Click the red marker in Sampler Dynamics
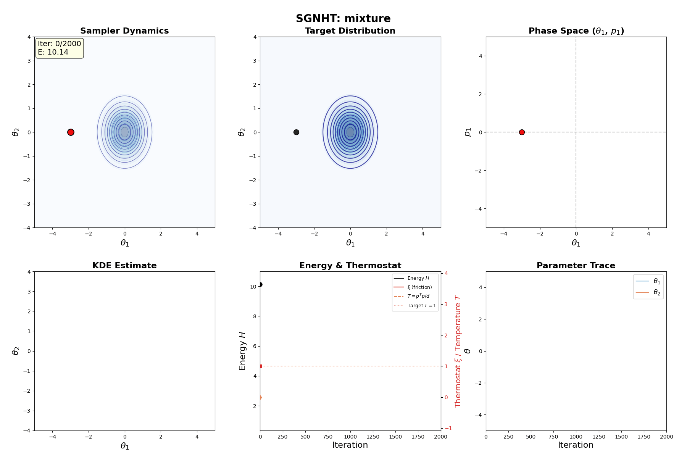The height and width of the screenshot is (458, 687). pyautogui.click(x=71, y=132)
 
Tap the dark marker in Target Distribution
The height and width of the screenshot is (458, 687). pyautogui.click(x=296, y=132)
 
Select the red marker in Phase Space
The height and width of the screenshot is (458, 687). pyautogui.click(x=522, y=132)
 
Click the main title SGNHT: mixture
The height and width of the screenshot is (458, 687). pyautogui.click(x=343, y=18)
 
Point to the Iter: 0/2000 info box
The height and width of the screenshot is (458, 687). pyautogui.click(x=60, y=48)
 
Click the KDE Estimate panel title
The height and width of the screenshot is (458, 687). pyautogui.click(x=124, y=265)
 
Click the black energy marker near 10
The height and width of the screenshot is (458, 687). pyautogui.click(x=260, y=284)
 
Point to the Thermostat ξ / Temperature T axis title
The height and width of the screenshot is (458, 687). pyautogui.click(x=458, y=351)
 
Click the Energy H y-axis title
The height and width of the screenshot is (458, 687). pyautogui.click(x=242, y=351)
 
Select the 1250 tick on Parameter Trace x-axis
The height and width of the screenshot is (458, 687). pyautogui.click(x=599, y=437)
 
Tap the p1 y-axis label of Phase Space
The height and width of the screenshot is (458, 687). pyautogui.click(x=468, y=132)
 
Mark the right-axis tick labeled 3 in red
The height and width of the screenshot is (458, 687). pyautogui.click(x=446, y=304)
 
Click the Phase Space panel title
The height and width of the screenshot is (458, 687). pyautogui.click(x=576, y=31)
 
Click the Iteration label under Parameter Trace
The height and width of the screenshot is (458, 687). pyautogui.click(x=576, y=445)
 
